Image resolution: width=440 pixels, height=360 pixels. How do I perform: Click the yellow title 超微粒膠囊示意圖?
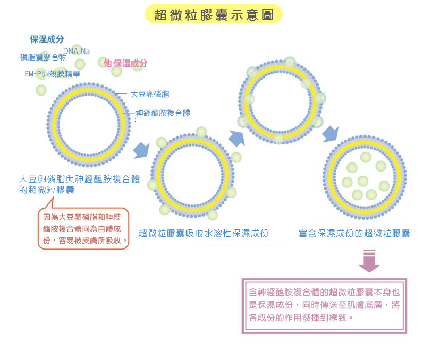pos(214,15)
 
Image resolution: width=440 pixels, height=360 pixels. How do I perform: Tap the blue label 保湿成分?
pos(47,39)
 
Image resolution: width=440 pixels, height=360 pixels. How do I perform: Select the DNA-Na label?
pos(80,51)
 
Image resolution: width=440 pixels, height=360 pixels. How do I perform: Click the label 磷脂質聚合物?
pos(44,57)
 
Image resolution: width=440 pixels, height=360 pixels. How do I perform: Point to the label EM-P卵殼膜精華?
pos(53,74)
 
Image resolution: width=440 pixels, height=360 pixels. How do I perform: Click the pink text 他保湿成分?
pos(125,63)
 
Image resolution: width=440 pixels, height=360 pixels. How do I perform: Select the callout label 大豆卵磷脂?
pos(150,94)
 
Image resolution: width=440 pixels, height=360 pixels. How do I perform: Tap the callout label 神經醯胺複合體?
pos(163,113)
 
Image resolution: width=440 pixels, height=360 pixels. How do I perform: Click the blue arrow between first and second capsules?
pos(141,150)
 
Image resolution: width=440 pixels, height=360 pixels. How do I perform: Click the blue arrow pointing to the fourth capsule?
pos(331,134)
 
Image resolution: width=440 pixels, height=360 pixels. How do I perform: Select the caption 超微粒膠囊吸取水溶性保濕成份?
pos(204,233)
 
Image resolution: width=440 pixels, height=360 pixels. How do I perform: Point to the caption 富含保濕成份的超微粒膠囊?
pos(354,233)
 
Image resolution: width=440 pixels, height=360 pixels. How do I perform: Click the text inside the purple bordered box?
pos(324,305)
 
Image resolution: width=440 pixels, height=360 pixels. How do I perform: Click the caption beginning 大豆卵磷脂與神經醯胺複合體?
pos(79,184)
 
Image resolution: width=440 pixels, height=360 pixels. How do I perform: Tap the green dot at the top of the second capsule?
pos(201,132)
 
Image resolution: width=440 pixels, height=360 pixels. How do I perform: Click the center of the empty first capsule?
pos(88,123)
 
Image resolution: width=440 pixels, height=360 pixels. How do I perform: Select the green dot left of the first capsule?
pos(41,90)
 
